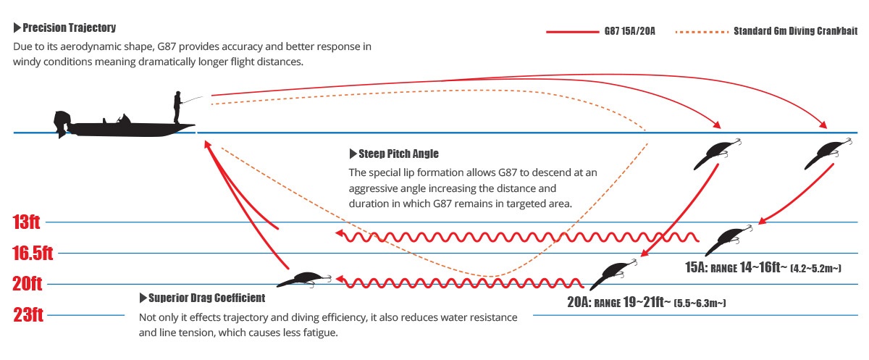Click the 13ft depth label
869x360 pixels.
point(26,222)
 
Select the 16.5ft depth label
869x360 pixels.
point(33,253)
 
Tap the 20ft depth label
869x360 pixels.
point(28,283)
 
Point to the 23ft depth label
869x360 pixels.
point(28,314)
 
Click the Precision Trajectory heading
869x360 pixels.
point(64,28)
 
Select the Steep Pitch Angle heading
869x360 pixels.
point(394,154)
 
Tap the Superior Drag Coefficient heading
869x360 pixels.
point(202,298)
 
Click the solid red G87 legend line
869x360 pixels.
point(573,31)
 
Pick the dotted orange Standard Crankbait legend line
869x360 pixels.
point(702,32)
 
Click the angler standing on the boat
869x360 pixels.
point(177,107)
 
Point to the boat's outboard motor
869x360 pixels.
point(62,124)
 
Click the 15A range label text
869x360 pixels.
point(763,268)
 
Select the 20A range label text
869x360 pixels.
point(646,302)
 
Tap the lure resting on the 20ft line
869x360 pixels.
point(305,280)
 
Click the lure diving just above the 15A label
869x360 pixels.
point(729,240)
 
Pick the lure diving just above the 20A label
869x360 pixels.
point(613,275)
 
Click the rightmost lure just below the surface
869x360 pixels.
point(828,154)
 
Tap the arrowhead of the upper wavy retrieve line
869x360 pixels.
point(340,233)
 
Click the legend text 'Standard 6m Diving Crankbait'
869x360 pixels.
point(795,31)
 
